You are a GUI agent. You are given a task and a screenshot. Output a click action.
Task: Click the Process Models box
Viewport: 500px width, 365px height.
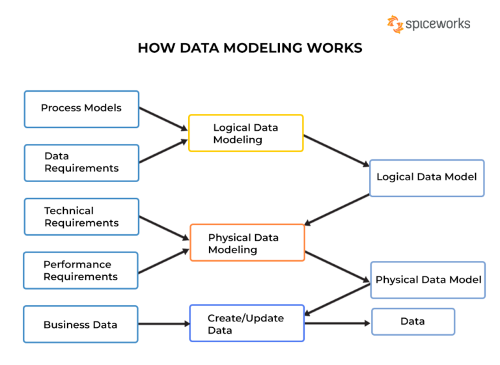click(x=81, y=109)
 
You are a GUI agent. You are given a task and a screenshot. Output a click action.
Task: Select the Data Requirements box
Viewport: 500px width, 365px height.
click(x=81, y=163)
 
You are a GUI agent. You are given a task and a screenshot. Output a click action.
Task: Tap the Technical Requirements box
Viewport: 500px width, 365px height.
click(x=81, y=217)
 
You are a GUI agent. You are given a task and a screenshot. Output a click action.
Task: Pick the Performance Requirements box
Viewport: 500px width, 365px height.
click(x=81, y=270)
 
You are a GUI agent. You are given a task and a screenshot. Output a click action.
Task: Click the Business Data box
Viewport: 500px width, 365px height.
click(x=81, y=324)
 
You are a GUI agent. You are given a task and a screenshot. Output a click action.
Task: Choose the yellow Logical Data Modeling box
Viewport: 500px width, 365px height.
click(x=245, y=133)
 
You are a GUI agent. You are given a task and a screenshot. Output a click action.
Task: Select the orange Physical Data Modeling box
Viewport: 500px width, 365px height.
click(x=247, y=243)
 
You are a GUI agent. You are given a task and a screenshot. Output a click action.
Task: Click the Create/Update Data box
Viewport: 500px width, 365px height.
click(x=247, y=323)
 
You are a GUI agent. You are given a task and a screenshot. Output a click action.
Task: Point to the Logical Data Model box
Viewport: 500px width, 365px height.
click(x=426, y=178)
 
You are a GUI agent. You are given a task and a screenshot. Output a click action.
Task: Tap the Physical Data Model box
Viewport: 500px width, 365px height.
click(x=428, y=280)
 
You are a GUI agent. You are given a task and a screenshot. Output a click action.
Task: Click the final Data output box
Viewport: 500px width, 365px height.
click(x=413, y=321)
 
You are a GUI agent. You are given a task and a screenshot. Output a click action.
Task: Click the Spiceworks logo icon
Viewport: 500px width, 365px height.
click(x=395, y=24)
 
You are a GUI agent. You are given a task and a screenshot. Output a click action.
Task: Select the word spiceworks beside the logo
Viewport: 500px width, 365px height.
click(x=437, y=25)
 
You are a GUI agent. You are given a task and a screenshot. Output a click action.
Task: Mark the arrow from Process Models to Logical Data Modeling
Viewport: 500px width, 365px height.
click(x=163, y=119)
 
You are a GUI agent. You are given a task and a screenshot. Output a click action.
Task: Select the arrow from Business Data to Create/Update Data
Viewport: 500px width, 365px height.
click(x=163, y=323)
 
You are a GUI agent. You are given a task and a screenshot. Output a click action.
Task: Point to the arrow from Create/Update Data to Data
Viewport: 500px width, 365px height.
click(x=337, y=323)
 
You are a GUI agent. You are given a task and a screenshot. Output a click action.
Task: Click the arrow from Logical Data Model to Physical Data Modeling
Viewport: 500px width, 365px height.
click(x=337, y=210)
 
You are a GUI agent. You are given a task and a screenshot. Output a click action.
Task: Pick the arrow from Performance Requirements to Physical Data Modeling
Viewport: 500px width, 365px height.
click(x=163, y=261)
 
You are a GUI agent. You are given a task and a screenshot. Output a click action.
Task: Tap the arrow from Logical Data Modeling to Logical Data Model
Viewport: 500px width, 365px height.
click(x=337, y=151)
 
